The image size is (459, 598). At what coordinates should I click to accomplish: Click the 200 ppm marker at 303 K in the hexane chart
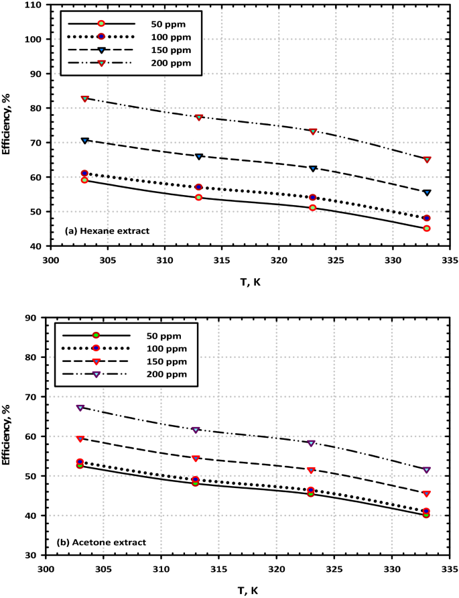(85, 99)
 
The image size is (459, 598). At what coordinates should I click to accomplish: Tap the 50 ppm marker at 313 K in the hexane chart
(199, 197)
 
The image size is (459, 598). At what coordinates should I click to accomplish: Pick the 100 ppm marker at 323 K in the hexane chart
(313, 197)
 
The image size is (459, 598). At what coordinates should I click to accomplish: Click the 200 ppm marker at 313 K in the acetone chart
(196, 430)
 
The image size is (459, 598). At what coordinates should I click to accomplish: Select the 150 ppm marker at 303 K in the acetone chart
(80, 438)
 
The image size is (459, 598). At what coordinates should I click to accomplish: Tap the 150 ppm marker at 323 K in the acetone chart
(311, 470)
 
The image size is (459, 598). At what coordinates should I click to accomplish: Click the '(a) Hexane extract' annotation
(107, 231)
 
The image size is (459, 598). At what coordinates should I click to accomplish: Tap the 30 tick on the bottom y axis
(31, 555)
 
